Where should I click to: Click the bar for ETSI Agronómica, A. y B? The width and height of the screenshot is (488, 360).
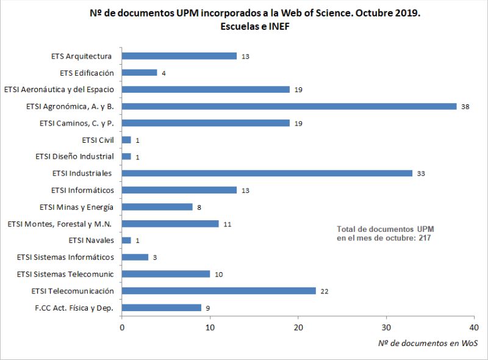(289, 106)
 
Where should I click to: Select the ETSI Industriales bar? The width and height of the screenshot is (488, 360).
(267, 173)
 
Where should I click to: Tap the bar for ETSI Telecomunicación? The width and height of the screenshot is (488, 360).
(219, 290)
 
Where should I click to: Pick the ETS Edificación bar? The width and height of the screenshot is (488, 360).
(140, 73)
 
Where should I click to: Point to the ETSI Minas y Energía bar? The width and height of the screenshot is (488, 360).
(157, 207)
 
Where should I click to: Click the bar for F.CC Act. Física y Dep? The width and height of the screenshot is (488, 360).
(162, 308)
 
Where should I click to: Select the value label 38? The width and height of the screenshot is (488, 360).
(465, 106)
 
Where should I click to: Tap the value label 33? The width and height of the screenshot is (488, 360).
(421, 173)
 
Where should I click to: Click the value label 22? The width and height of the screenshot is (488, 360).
(325, 291)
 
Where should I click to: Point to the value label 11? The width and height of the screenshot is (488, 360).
(227, 224)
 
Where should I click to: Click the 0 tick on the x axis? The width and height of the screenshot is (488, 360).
(123, 327)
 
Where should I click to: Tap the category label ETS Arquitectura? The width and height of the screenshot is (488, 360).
(82, 56)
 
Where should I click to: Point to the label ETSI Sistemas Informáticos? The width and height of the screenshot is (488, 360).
(65, 257)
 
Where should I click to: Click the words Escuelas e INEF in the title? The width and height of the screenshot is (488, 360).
(246, 27)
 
